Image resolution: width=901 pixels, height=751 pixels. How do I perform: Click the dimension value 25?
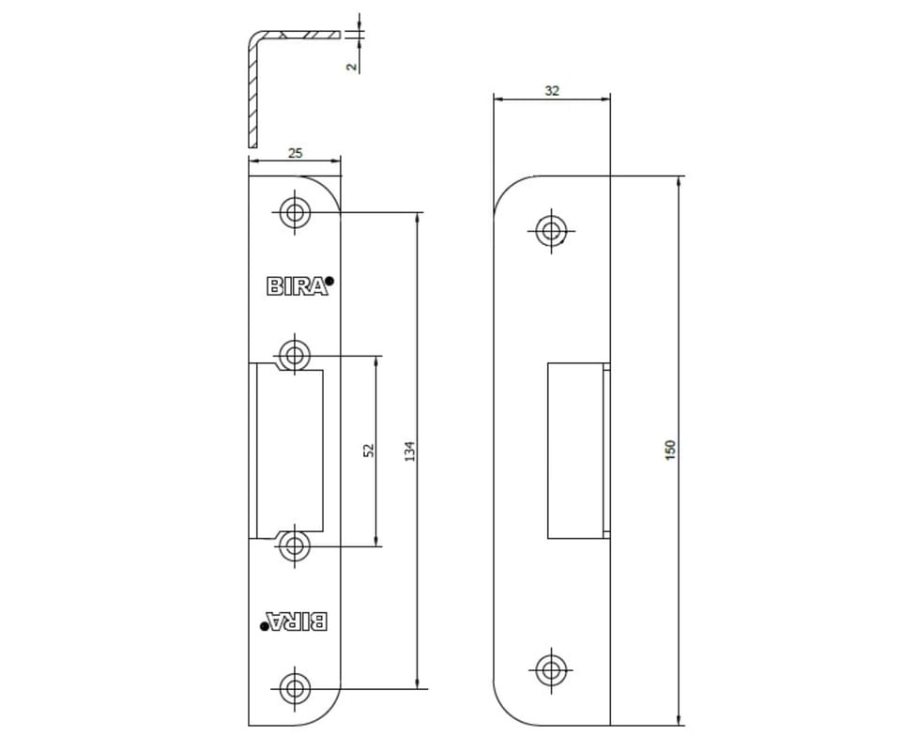click(x=295, y=153)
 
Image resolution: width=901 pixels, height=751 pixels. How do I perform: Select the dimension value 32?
click(x=552, y=91)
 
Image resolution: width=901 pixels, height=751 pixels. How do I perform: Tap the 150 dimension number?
click(x=670, y=450)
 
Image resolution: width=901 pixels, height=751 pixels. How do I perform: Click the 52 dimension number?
click(x=369, y=451)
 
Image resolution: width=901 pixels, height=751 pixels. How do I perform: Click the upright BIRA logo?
click(x=298, y=286)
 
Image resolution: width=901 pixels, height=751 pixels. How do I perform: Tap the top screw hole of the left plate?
click(x=296, y=212)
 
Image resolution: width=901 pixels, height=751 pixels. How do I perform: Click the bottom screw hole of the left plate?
click(x=295, y=688)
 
